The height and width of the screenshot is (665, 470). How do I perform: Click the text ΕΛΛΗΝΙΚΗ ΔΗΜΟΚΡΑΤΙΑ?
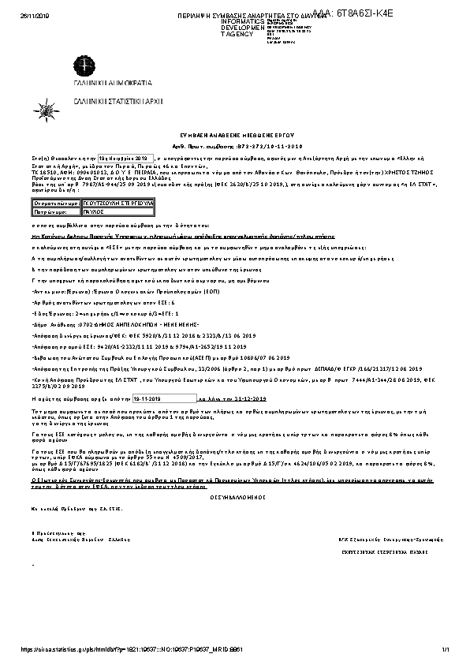106,82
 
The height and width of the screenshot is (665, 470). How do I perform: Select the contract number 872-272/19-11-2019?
258,147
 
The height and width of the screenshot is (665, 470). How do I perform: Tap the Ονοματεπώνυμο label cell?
57,203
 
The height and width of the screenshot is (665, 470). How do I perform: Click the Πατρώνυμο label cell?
57,212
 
